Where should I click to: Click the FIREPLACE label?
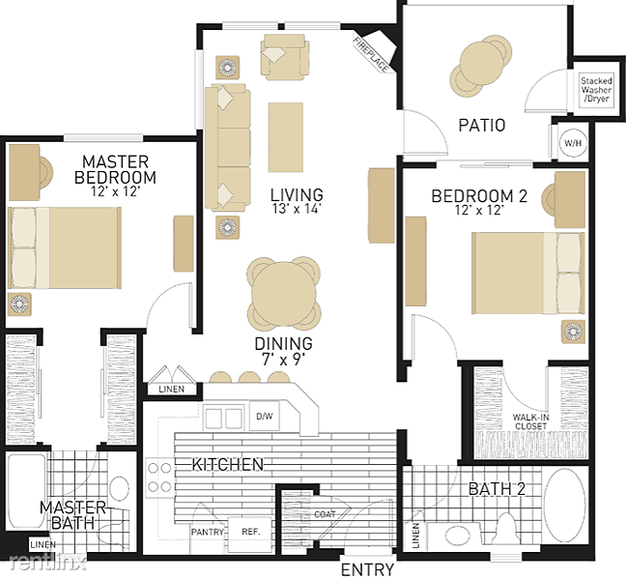(x=371, y=55)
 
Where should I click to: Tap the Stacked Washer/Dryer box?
(x=596, y=90)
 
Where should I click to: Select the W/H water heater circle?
(x=573, y=143)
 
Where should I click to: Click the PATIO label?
(x=482, y=125)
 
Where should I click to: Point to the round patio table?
(x=480, y=64)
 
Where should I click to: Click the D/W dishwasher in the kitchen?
(x=265, y=417)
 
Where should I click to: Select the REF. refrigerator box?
(x=251, y=532)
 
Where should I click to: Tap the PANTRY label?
(x=207, y=532)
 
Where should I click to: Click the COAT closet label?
(x=325, y=514)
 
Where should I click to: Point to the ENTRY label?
(x=368, y=569)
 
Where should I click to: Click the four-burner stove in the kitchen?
(x=159, y=478)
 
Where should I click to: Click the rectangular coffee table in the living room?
(x=285, y=137)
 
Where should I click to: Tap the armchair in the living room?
(x=284, y=55)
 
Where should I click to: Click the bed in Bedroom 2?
(x=528, y=274)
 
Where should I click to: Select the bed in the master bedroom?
(x=65, y=247)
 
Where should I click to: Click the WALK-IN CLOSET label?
(x=530, y=421)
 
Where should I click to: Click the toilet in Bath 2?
(x=506, y=530)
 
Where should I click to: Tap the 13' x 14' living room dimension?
(x=297, y=209)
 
